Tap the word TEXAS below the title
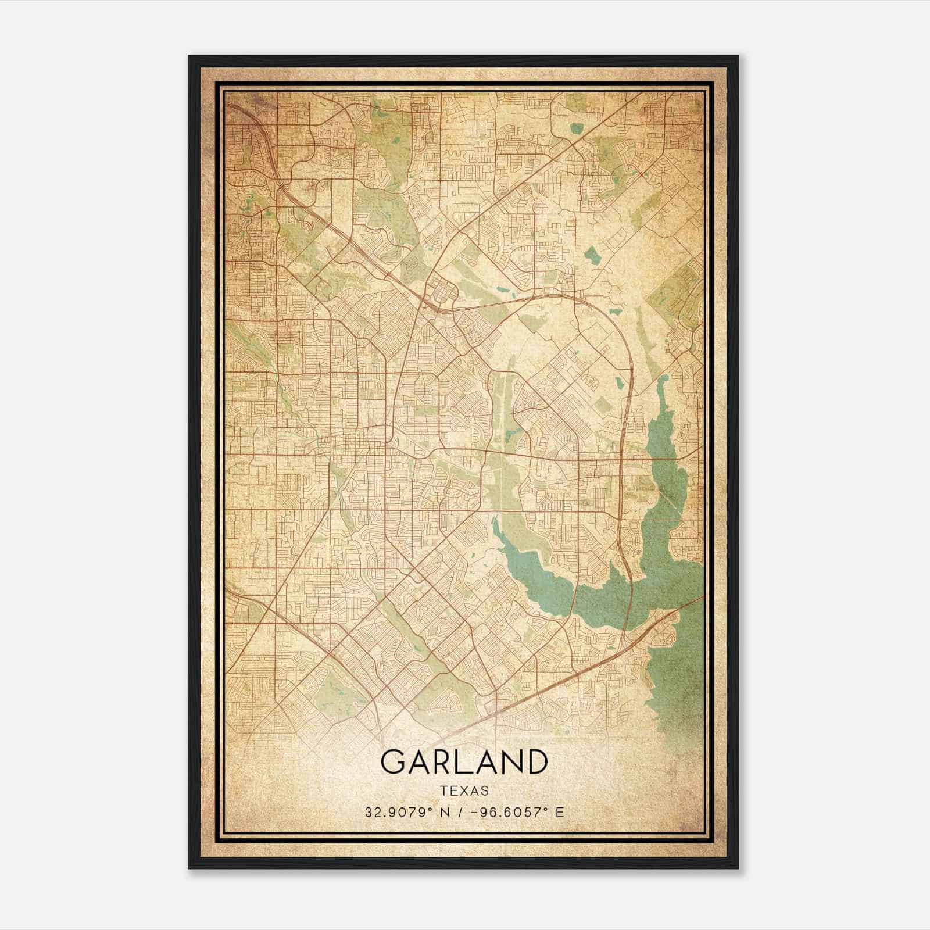(464, 791)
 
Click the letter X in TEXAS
(464, 791)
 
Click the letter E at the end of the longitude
(560, 813)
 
